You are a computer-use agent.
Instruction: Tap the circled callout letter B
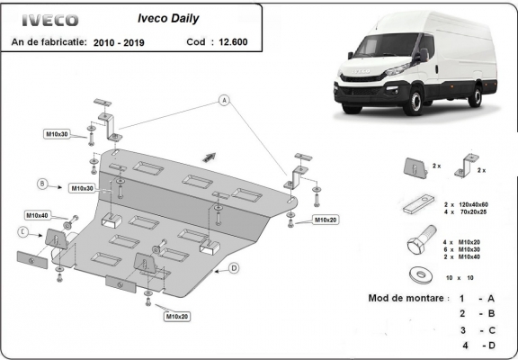(x=41, y=184)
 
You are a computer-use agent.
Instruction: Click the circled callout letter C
(x=22, y=231)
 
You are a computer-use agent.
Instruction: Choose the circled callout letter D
(x=233, y=267)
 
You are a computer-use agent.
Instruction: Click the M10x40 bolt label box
(x=37, y=216)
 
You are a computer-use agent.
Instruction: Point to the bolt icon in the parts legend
(x=417, y=247)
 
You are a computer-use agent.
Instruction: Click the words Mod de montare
(x=405, y=298)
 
